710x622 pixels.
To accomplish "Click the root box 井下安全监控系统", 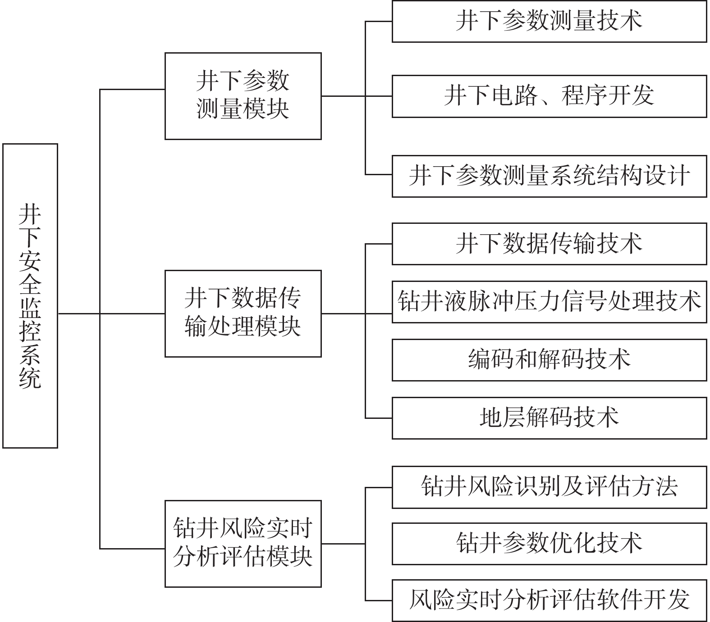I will pyautogui.click(x=30, y=295).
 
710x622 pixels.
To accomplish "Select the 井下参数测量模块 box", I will pyautogui.click(x=243, y=96).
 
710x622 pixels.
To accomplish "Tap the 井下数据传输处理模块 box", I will pyautogui.click(x=243, y=313).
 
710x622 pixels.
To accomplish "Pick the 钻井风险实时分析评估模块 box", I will pyautogui.click(x=243, y=543).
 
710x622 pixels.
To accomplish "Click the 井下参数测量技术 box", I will pyautogui.click(x=549, y=21).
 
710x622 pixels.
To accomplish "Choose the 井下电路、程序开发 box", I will pyautogui.click(x=549, y=96).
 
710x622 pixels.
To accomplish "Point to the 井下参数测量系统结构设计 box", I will pyautogui.click(x=549, y=176).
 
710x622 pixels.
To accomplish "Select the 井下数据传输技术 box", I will pyautogui.click(x=549, y=244).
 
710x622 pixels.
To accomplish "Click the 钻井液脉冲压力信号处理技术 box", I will pyautogui.click(x=549, y=301).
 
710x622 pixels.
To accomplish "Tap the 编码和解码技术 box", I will pyautogui.click(x=549, y=359).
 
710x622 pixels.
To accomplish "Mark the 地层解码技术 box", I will pyautogui.click(x=549, y=418).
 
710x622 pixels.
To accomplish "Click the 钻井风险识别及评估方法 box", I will pyautogui.click(x=549, y=487).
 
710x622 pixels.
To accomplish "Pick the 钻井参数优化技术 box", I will pyautogui.click(x=549, y=543).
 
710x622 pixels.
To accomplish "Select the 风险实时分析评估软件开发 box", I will pyautogui.click(x=549, y=600).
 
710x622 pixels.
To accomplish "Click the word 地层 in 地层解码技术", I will pyautogui.click(x=502, y=418).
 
